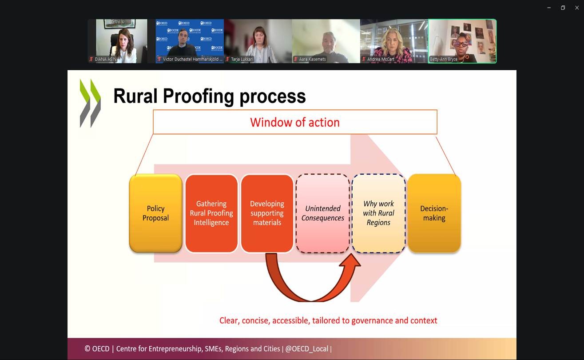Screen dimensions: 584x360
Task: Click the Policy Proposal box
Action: [x=155, y=213]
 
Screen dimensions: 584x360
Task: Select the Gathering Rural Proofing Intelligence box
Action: [x=211, y=213]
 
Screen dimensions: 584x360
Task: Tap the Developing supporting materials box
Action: [x=267, y=213]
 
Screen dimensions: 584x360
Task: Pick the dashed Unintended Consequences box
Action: [x=323, y=213]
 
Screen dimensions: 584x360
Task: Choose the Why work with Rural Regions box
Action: [x=378, y=213]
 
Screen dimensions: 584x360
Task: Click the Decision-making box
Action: [x=434, y=213]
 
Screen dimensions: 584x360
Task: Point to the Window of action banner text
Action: [x=295, y=122]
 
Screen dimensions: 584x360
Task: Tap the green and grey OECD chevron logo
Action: [x=90, y=103]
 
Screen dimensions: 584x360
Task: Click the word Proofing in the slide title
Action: [x=199, y=96]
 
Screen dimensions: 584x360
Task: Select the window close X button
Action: [x=577, y=8]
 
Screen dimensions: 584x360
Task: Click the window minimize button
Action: [x=549, y=8]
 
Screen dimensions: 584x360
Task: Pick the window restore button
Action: [x=563, y=8]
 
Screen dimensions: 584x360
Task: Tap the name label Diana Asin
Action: [x=105, y=59]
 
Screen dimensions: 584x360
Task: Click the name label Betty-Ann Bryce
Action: [x=444, y=59]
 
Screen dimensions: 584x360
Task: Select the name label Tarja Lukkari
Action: [x=242, y=59]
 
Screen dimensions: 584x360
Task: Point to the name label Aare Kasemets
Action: [x=312, y=59]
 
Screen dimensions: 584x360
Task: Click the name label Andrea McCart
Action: [x=381, y=59]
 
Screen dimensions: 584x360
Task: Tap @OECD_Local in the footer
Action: [x=306, y=349]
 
